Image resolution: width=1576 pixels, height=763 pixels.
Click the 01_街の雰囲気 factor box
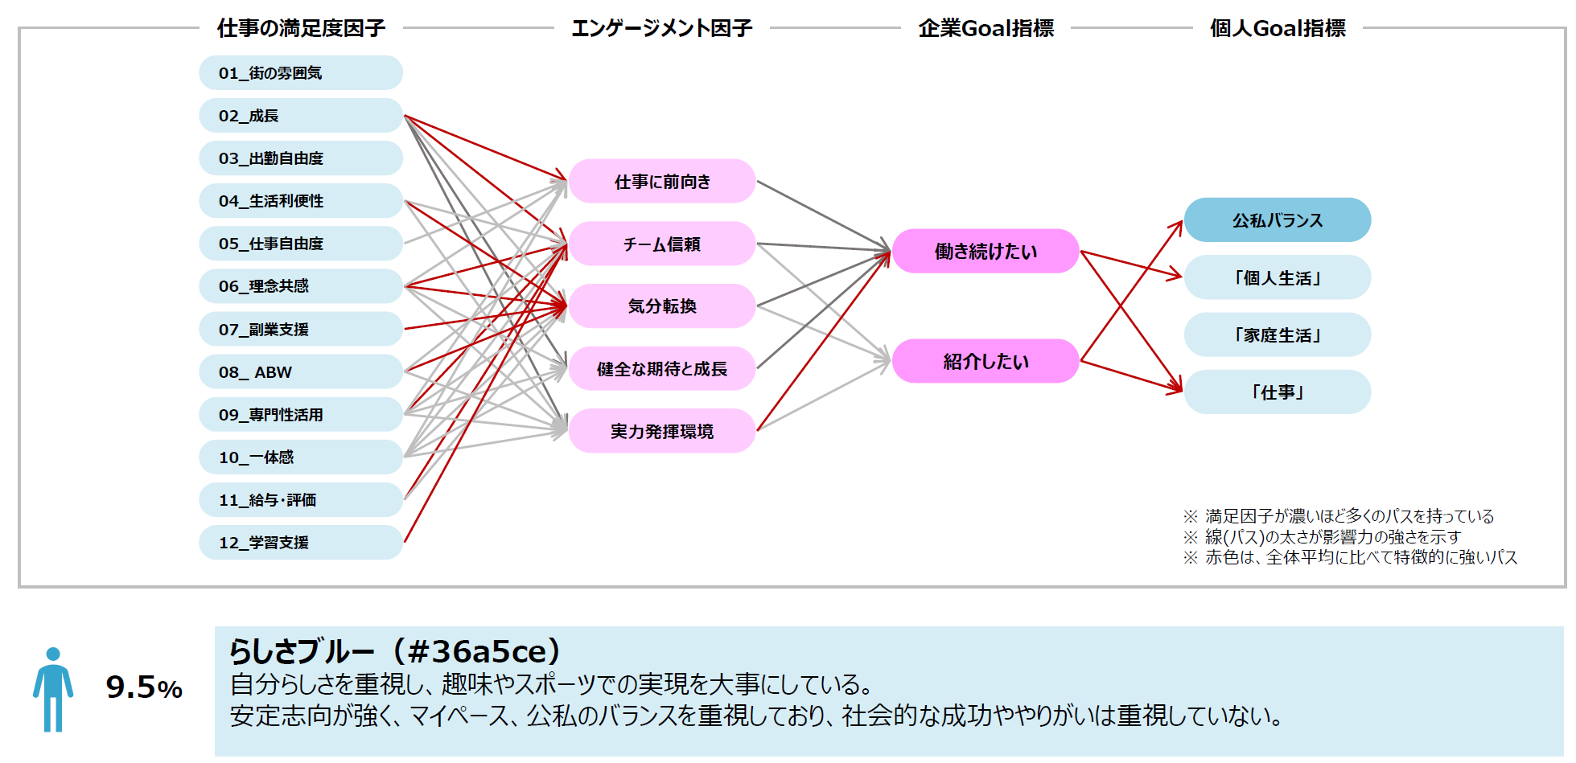pyautogui.click(x=300, y=73)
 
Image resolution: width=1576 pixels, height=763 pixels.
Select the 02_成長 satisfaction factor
pyautogui.click(x=300, y=116)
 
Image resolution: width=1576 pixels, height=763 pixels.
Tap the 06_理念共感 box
pyautogui.click(x=300, y=286)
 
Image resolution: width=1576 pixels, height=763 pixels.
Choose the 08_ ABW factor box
pyautogui.click(x=300, y=372)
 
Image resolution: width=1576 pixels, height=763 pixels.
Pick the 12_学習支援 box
pyautogui.click(x=300, y=543)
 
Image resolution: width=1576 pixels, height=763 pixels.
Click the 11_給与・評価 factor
pyautogui.click(x=300, y=500)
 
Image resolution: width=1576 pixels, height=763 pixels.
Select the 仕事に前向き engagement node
pyautogui.click(x=661, y=182)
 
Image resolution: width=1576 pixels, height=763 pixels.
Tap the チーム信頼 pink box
pyautogui.click(x=661, y=244)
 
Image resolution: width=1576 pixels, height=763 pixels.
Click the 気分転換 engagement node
pyautogui.click(x=661, y=306)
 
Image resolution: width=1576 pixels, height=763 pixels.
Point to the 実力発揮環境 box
pyautogui.click(x=661, y=432)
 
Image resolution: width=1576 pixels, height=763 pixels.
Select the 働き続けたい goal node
pyautogui.click(x=986, y=252)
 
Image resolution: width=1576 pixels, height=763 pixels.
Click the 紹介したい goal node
pyautogui.click(x=986, y=362)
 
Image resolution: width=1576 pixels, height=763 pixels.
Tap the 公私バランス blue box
pyautogui.click(x=1277, y=220)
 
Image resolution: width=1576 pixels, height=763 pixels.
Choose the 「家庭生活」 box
pyautogui.click(x=1277, y=335)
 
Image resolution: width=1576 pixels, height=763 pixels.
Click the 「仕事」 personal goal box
pyautogui.click(x=1277, y=392)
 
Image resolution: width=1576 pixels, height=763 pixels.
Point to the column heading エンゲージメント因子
pyautogui.click(x=661, y=29)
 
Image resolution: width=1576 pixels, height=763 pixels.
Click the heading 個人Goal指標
pyautogui.click(x=1277, y=29)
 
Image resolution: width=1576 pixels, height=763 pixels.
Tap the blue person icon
pyautogui.click(x=53, y=689)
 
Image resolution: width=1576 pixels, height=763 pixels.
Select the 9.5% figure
pyautogui.click(x=144, y=687)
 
